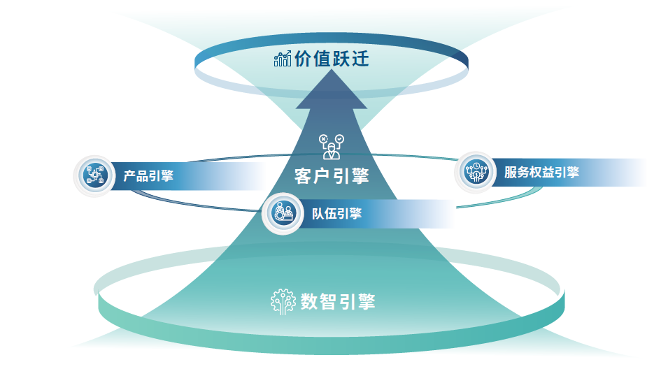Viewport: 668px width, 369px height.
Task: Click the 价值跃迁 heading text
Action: (332, 58)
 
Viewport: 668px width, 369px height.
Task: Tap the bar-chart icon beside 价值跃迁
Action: (283, 59)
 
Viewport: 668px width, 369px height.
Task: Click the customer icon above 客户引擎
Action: (332, 147)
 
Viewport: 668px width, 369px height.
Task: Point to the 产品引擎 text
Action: (148, 176)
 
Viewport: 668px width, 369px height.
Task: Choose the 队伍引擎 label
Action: (336, 213)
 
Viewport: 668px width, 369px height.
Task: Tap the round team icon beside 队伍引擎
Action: (283, 213)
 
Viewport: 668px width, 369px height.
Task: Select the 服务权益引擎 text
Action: (541, 173)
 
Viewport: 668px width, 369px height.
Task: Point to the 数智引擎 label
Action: (338, 302)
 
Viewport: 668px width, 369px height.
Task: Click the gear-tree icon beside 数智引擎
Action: (283, 302)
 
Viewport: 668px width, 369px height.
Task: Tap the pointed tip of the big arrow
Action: (332, 70)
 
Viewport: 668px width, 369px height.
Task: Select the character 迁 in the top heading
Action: (360, 58)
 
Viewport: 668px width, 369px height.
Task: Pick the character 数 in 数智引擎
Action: (309, 302)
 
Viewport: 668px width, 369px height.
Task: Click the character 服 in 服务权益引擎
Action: (511, 173)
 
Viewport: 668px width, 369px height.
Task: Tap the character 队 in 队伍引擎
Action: (318, 213)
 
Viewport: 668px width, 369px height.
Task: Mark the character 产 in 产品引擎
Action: (129, 176)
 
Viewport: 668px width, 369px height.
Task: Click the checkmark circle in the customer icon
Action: (339, 139)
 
